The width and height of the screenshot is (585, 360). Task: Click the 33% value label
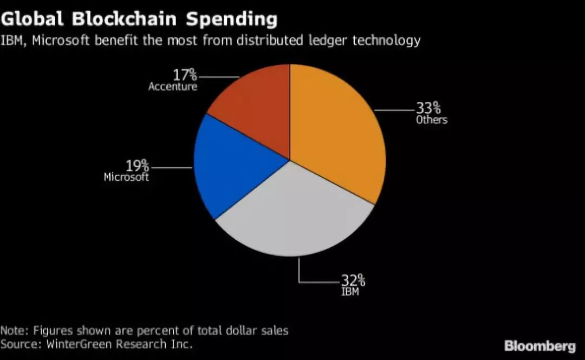[x=428, y=108]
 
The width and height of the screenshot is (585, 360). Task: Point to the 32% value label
[x=353, y=280]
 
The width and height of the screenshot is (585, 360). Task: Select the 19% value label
[x=137, y=165]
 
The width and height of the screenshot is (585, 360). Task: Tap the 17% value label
[x=185, y=75]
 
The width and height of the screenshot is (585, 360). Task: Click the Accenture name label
[x=173, y=87]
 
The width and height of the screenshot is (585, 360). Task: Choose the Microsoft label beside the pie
[x=126, y=177]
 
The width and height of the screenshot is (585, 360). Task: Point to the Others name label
[x=432, y=120]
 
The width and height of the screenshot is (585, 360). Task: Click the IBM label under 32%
[x=350, y=292]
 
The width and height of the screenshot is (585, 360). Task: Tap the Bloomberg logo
[x=540, y=346]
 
